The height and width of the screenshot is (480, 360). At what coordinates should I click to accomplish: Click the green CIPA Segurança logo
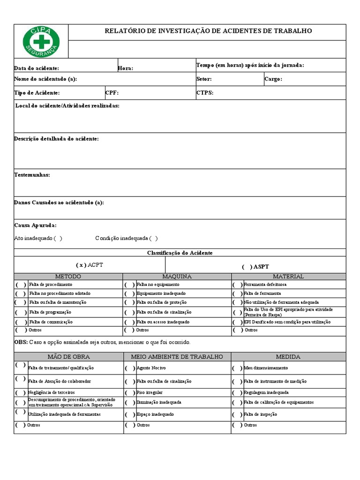pos(41,42)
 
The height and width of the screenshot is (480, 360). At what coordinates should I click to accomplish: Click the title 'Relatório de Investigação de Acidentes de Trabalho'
pos(208,31)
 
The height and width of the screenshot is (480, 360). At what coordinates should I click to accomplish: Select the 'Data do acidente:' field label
pos(37,68)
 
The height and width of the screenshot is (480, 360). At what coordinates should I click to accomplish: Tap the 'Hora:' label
pos(126,68)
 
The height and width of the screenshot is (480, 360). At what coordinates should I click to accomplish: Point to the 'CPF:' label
pos(112,93)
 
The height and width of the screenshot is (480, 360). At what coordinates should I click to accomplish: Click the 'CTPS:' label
pos(205,93)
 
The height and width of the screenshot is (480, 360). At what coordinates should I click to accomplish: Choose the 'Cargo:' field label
pos(273,79)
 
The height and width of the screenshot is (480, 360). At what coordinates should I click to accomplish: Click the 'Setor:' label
pos(204,79)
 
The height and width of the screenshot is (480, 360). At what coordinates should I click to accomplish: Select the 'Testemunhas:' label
pos(32,175)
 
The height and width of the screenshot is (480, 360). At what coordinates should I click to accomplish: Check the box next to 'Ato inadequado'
pos(58,238)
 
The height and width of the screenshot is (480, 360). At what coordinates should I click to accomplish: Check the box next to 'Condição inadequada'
pos(154,238)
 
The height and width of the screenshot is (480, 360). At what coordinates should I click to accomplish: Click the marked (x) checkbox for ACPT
pos(81,265)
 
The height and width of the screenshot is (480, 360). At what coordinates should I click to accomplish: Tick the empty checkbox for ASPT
pos(247,267)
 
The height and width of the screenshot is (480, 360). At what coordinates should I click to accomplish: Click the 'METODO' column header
pos(68,277)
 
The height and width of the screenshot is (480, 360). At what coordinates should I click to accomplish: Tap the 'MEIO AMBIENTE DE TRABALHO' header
pos(177,357)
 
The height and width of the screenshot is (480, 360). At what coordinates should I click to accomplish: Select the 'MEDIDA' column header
pos(288,357)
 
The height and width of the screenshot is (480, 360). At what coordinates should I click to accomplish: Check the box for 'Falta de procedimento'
pos(21,285)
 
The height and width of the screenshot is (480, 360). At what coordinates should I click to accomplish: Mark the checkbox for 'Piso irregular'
pos(130,392)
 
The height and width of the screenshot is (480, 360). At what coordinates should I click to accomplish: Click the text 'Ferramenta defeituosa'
pos(265,285)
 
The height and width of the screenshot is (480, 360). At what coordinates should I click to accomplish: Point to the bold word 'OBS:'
pos(21,343)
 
